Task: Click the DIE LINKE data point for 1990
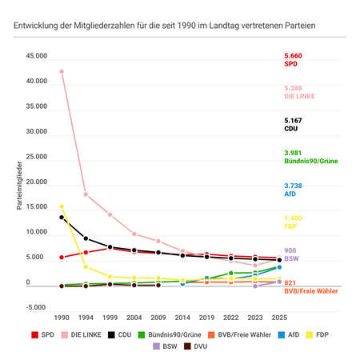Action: (62, 71)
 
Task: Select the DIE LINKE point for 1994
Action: (86, 194)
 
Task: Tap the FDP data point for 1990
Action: (62, 206)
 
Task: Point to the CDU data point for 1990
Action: (62, 218)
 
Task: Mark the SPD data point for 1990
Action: (62, 258)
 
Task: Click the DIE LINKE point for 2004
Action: (134, 234)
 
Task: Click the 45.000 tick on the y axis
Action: (36, 57)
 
